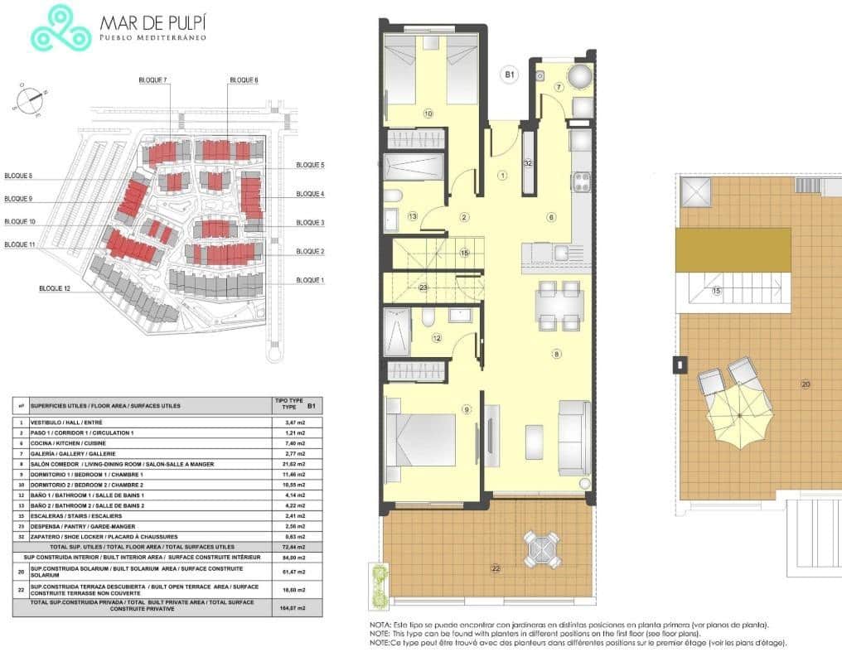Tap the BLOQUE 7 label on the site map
tap(153, 80)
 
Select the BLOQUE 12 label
tap(56, 288)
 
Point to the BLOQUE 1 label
tap(310, 280)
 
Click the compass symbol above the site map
tap(30, 99)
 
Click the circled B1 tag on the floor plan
tap(511, 75)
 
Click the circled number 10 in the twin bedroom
tap(428, 114)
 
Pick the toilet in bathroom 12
tap(427, 317)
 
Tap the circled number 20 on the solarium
tap(805, 384)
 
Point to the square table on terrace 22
tap(541, 549)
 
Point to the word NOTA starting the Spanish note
tap(380, 626)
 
